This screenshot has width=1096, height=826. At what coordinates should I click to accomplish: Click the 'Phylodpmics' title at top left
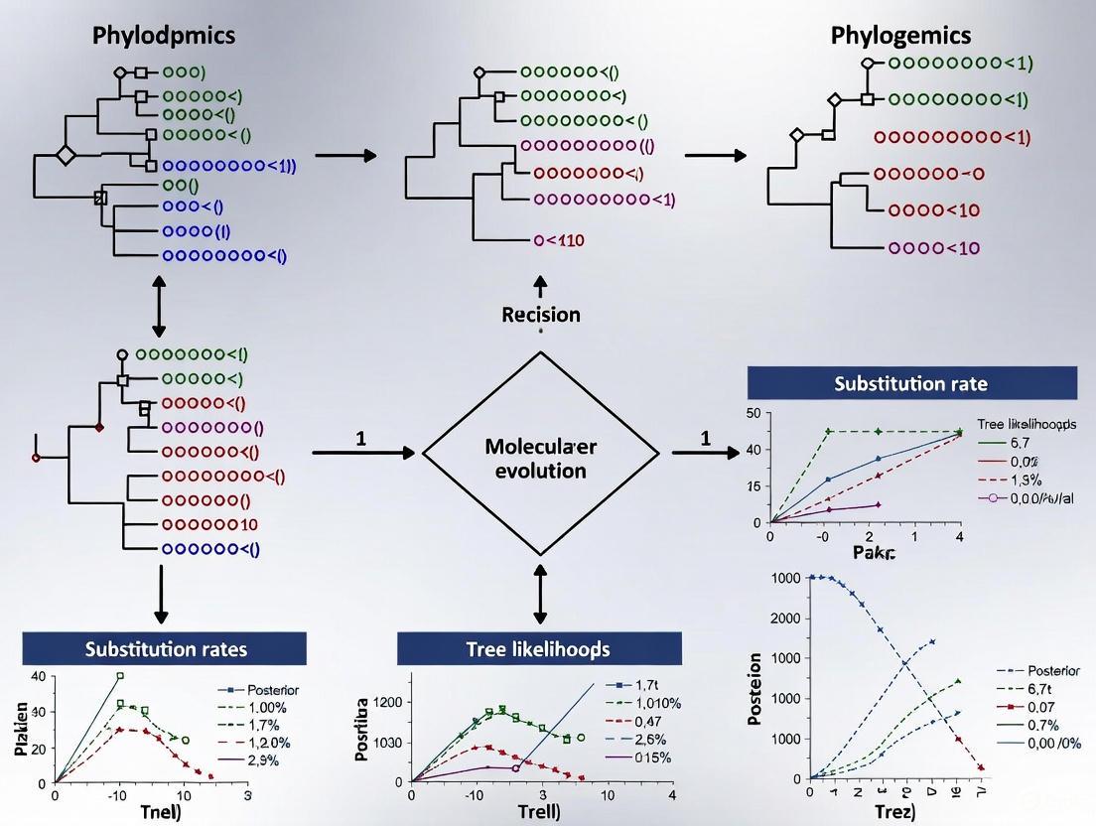(164, 36)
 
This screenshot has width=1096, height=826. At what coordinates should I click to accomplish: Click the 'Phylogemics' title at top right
(900, 36)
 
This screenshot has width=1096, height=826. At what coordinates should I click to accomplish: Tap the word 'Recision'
(541, 315)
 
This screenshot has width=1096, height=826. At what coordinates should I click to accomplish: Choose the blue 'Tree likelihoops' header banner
(539, 648)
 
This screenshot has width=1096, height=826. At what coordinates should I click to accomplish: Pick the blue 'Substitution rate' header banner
(911, 383)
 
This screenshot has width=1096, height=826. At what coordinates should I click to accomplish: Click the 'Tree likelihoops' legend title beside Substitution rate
(1027, 424)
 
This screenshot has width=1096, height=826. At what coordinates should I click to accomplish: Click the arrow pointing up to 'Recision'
(540, 285)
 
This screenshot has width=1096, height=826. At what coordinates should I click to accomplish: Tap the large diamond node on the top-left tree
(66, 155)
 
